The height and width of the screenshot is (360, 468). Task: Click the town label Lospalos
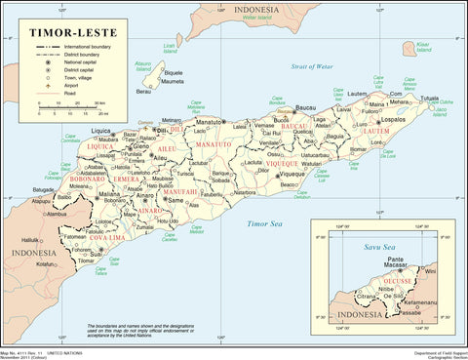tap(393, 122)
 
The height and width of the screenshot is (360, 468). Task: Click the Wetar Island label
tap(255, 17)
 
